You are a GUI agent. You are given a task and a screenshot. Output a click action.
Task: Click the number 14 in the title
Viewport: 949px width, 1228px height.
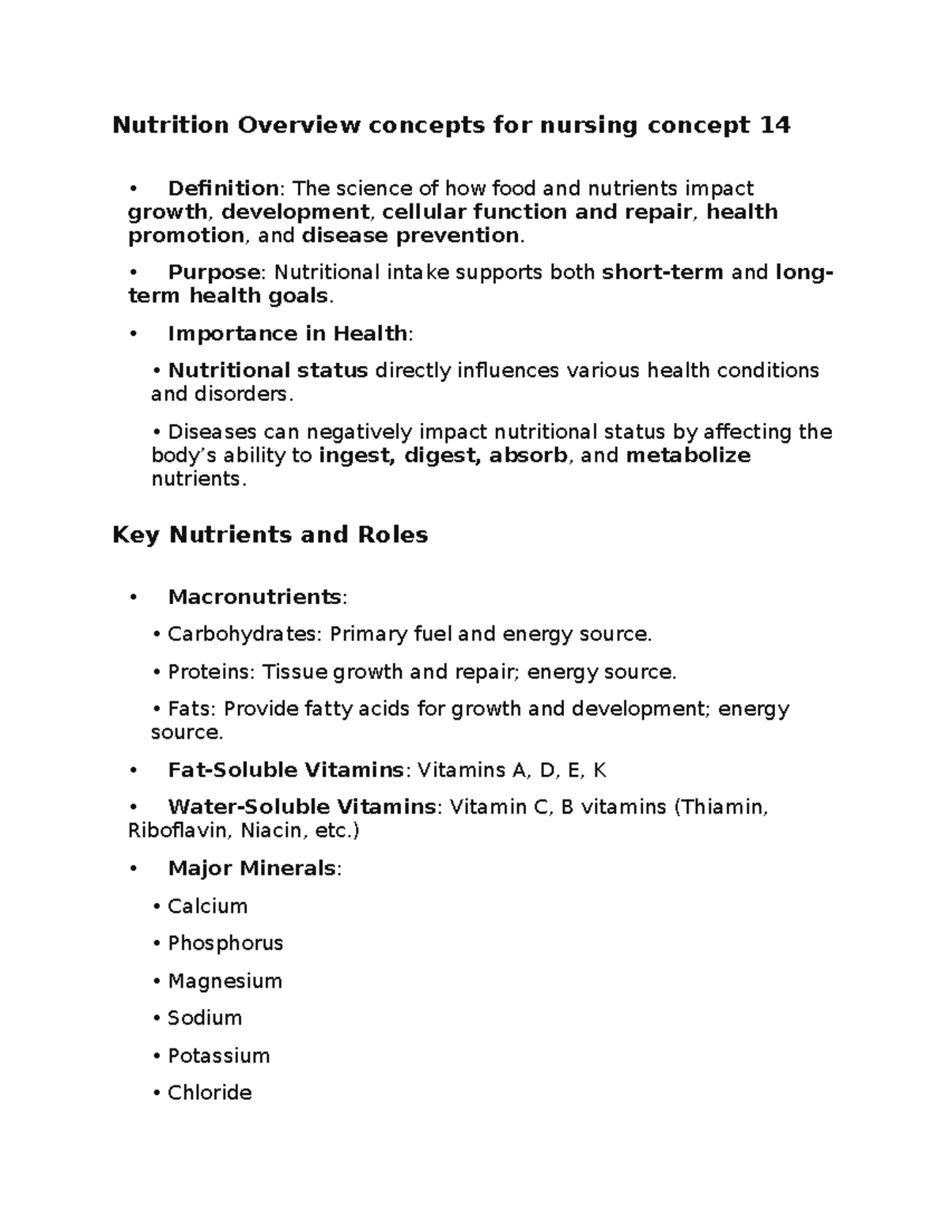coord(774,126)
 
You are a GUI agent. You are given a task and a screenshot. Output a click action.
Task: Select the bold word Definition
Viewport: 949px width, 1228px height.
coord(223,188)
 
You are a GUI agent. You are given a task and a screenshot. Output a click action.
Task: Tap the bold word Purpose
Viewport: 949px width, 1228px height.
coord(214,273)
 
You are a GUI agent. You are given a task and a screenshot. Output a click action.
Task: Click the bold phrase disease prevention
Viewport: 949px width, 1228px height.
coord(411,236)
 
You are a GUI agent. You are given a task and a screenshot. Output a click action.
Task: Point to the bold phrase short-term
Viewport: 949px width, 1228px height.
coord(663,273)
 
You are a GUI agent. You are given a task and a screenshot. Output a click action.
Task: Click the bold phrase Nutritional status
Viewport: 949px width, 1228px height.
coord(268,371)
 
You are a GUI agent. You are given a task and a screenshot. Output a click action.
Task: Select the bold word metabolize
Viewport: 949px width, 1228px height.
coord(687,455)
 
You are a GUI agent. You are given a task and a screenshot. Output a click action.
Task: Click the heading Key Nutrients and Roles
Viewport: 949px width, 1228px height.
coord(270,535)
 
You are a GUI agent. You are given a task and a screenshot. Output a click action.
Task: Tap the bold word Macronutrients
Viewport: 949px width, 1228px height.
coord(255,597)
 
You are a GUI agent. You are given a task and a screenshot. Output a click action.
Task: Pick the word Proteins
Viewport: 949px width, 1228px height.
coord(208,672)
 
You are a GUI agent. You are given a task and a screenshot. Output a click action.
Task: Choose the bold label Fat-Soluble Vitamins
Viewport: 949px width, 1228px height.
coord(285,770)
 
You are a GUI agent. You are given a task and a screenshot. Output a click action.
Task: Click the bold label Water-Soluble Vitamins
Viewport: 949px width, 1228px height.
coord(301,807)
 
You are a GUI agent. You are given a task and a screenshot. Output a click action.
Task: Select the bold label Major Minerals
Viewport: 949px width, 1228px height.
coord(252,868)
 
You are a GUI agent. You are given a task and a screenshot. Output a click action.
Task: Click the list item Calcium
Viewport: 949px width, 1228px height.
coord(207,906)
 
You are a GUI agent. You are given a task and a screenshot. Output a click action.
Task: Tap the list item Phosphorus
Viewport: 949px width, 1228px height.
coord(225,943)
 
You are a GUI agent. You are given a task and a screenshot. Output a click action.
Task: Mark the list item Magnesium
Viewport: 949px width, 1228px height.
coord(225,981)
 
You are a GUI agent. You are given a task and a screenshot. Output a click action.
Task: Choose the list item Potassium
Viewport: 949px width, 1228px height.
coord(219,1056)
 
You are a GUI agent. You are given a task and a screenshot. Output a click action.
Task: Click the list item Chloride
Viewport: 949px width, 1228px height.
coord(210,1093)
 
